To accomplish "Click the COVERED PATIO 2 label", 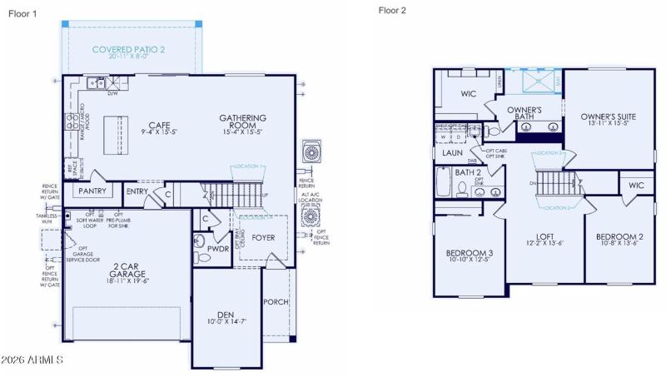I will pos(128,50).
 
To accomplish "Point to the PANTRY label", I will pos(90,191).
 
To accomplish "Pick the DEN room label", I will pos(226,315).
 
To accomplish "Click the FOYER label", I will pos(263,238).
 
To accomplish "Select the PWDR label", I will pos(218,248).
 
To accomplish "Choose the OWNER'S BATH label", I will pos(525,114).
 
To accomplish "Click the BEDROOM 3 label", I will pos(469,253).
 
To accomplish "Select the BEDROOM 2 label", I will pos(619,237).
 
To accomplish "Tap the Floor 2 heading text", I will pos(392,11).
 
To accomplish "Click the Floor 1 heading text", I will pos(22,13).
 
